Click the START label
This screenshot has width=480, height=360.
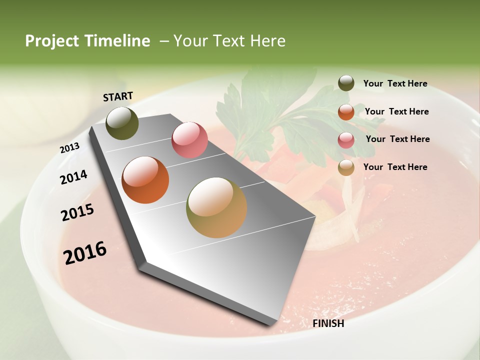click(118, 96)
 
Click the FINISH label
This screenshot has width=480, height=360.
click(328, 323)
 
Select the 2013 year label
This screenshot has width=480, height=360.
click(69, 148)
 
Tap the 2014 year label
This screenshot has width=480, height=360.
click(73, 177)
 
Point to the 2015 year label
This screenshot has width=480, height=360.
click(77, 212)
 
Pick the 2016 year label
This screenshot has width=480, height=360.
click(85, 252)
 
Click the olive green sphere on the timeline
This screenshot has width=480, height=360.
click(122, 123)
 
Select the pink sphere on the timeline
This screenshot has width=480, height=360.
click(189, 139)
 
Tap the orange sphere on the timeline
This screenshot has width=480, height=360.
click(145, 180)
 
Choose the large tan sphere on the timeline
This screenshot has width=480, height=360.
click(216, 207)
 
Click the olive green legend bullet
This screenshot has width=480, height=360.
click(346, 83)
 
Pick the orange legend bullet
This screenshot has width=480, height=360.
click(346, 112)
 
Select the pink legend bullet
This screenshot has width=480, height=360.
click(346, 140)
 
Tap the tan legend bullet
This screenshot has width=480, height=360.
click(346, 167)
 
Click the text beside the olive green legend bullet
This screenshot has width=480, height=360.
click(395, 84)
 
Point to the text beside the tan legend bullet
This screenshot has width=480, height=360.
click(395, 167)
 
